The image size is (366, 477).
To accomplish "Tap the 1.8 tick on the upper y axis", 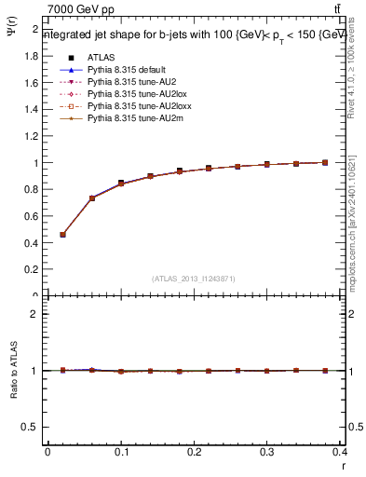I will point(31,55).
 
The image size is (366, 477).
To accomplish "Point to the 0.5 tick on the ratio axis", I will point(31,427).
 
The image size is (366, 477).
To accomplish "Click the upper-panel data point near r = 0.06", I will point(92,198).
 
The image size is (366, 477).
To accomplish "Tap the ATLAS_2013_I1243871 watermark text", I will point(195,279).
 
